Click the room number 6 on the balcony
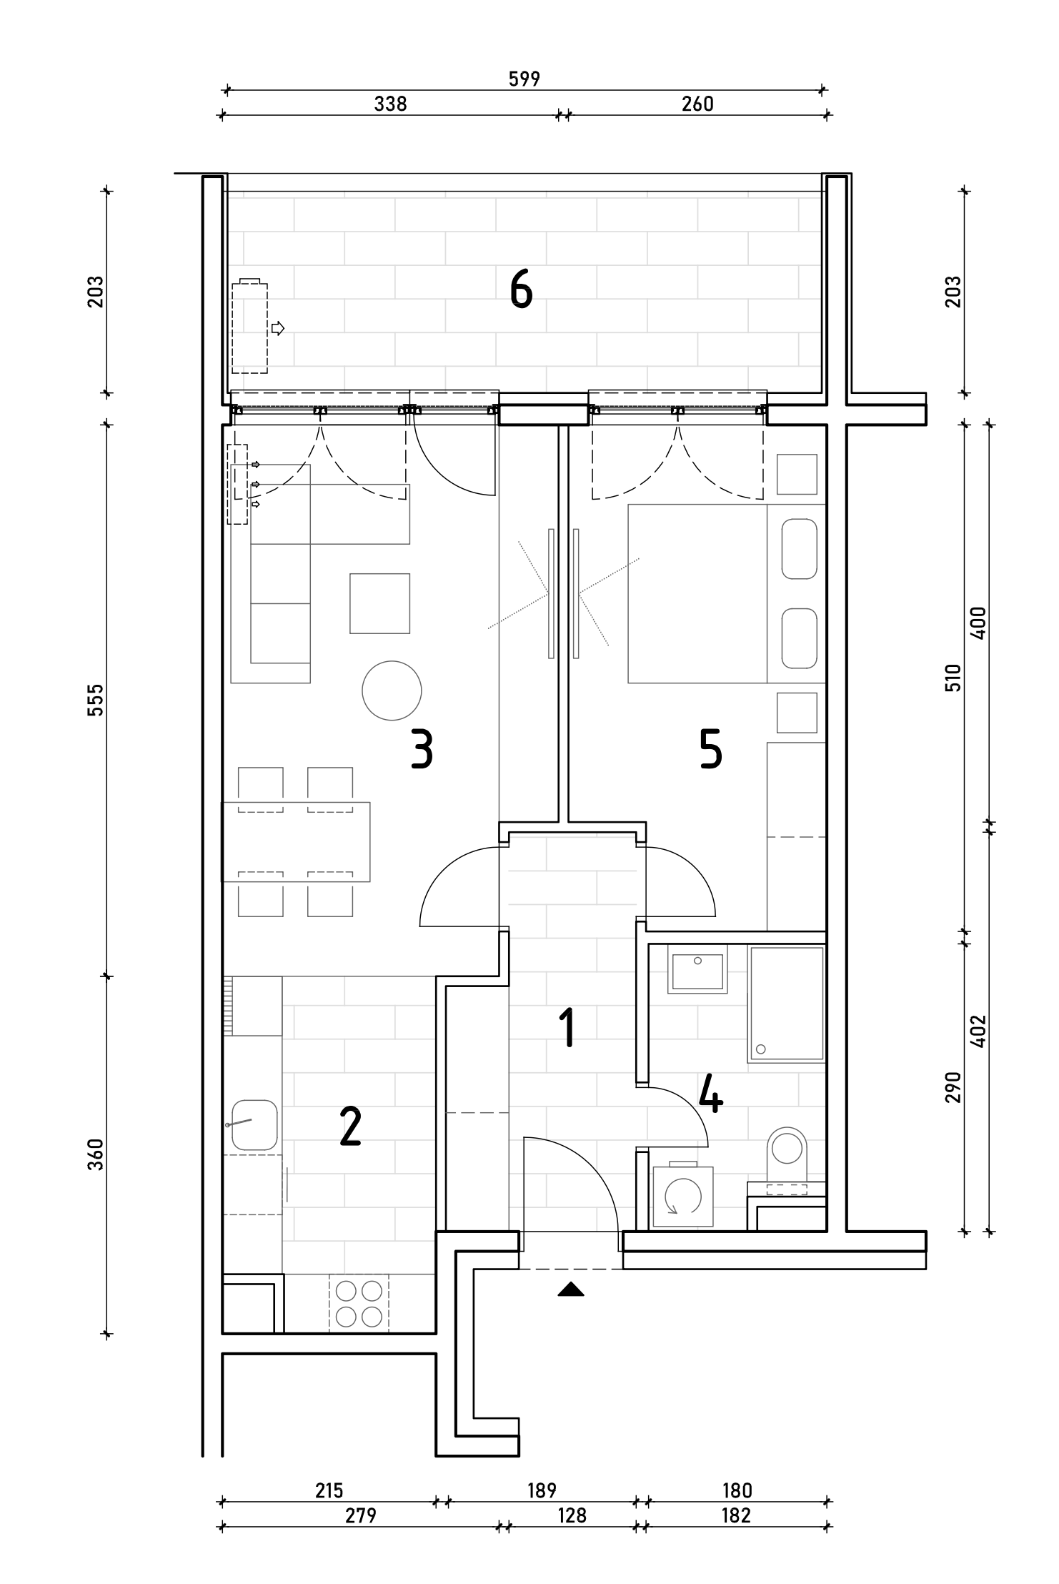(x=521, y=292)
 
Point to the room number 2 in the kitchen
(x=349, y=1127)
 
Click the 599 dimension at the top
(x=524, y=79)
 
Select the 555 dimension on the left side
(x=96, y=700)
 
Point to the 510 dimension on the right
(x=953, y=677)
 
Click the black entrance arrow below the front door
(x=570, y=1289)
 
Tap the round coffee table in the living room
(x=392, y=690)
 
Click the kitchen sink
(x=254, y=1125)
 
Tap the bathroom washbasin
(x=697, y=969)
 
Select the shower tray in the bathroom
(x=786, y=1003)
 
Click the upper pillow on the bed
(x=800, y=549)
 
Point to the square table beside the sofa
(x=379, y=603)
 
